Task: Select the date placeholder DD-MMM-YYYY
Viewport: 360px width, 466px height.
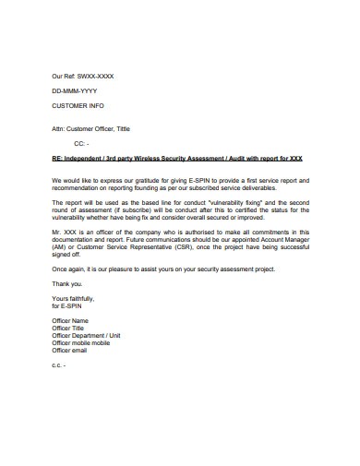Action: coord(75,91)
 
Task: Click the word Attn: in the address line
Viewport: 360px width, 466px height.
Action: coord(61,129)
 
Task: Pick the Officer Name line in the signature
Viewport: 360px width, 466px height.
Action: coord(73,320)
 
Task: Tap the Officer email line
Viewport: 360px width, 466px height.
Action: coord(72,350)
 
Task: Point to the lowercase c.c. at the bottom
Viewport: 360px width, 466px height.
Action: coord(57,365)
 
